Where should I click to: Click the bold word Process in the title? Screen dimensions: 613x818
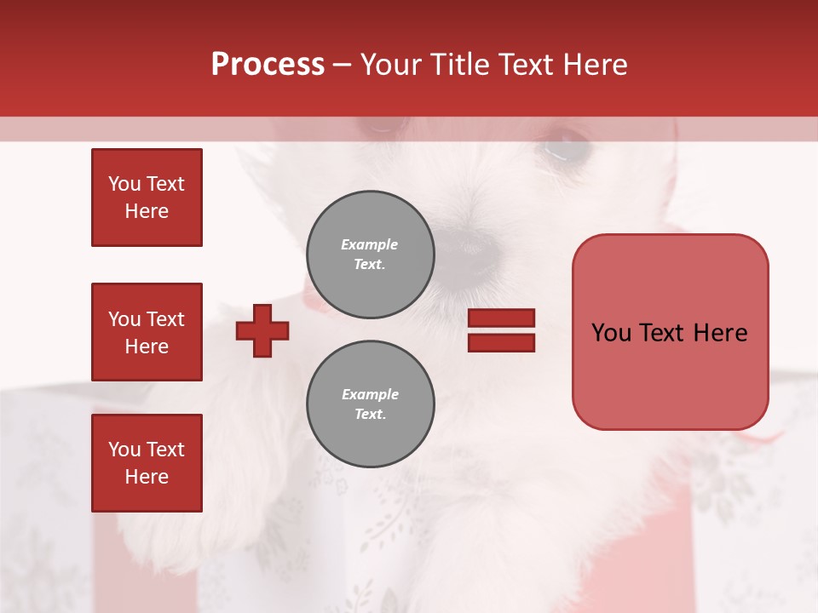(x=268, y=65)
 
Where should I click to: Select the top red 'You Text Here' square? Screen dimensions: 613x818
(x=147, y=198)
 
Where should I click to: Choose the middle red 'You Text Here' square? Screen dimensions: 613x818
(x=147, y=332)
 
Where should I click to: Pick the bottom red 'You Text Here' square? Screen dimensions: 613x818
(x=147, y=463)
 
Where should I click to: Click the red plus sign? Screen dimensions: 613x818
(x=262, y=330)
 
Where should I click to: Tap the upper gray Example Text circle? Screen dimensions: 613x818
(x=370, y=255)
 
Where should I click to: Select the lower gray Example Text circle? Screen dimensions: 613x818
(x=370, y=404)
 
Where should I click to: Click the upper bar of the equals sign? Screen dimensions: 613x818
(x=502, y=318)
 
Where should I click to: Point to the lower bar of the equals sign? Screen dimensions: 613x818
(x=502, y=342)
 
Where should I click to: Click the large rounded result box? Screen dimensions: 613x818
(x=670, y=332)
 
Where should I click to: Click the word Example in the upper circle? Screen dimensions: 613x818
(x=370, y=244)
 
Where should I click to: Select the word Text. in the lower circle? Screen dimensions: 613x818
(x=370, y=415)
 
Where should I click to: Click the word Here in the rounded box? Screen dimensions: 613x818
(x=720, y=333)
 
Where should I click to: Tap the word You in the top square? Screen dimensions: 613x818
(x=124, y=184)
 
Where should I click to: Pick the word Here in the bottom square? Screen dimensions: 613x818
(x=147, y=477)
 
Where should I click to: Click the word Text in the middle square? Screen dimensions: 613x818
(x=164, y=319)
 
